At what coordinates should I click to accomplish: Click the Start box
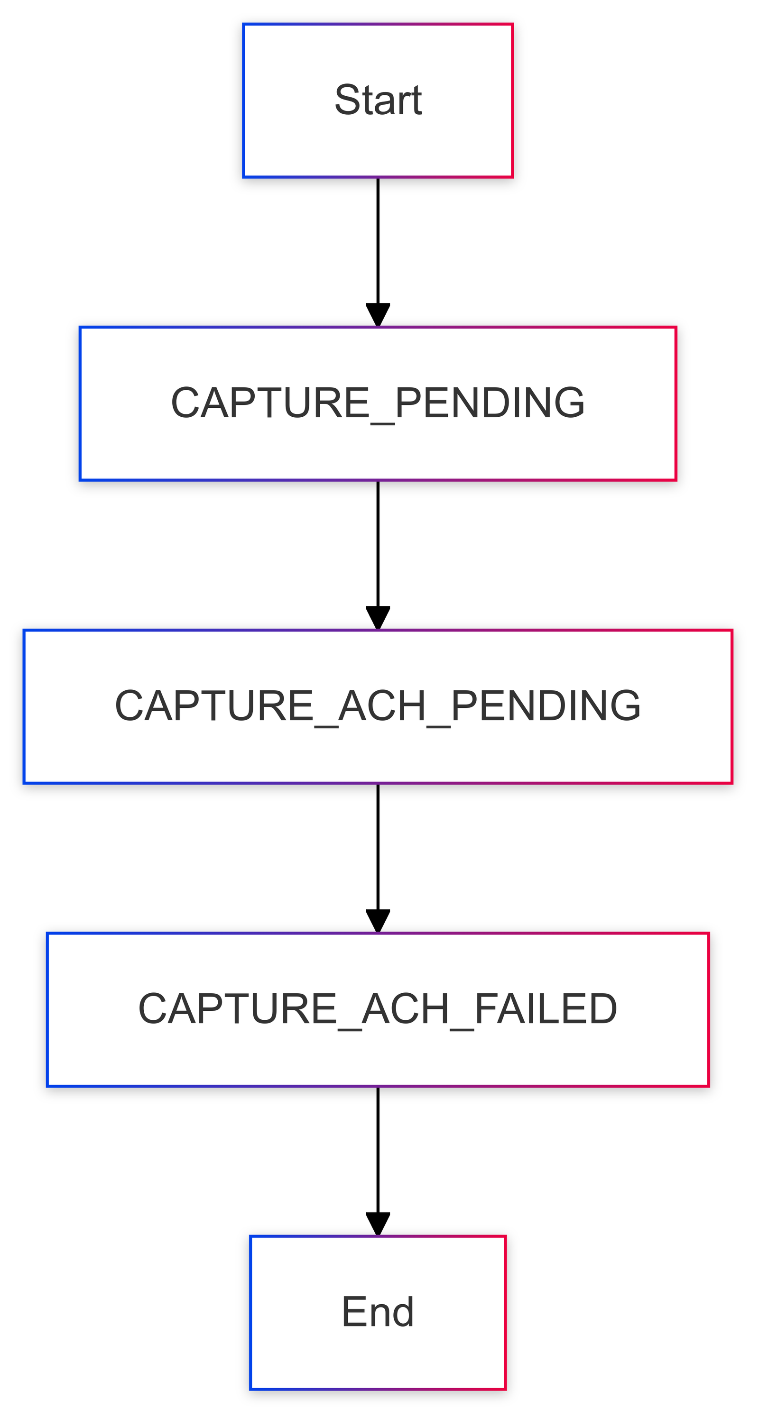click(378, 100)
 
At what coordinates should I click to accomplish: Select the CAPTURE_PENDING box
click(378, 403)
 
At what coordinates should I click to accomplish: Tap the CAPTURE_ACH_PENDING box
click(378, 706)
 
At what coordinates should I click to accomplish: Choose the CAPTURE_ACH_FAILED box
click(378, 1009)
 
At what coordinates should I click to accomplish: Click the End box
click(378, 1312)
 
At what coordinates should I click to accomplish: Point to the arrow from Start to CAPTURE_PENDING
click(378, 252)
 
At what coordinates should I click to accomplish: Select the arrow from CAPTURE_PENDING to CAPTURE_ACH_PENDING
click(378, 555)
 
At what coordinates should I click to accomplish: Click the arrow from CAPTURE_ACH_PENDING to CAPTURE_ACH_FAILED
click(378, 858)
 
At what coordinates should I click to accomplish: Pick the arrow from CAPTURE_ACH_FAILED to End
click(378, 1161)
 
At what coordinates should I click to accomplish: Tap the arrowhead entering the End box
click(378, 1224)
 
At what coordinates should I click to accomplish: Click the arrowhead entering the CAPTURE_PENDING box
click(378, 315)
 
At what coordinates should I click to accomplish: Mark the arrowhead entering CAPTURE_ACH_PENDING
click(378, 618)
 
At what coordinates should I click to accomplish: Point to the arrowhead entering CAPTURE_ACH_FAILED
click(378, 921)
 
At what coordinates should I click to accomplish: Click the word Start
click(378, 100)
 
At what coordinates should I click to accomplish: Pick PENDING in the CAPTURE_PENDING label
click(490, 403)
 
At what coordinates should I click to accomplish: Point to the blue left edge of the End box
click(251, 1312)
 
